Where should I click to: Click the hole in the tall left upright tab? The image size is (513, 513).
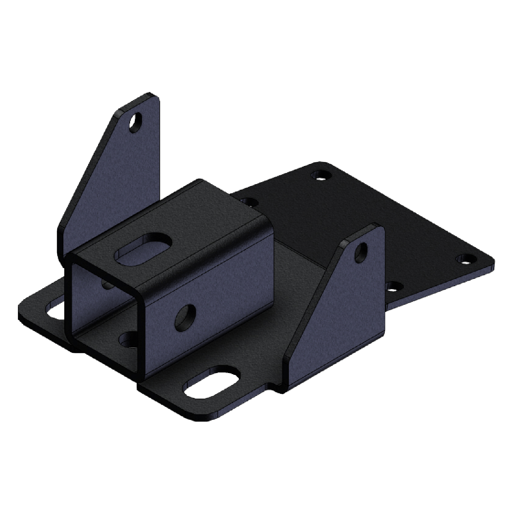click(136, 122)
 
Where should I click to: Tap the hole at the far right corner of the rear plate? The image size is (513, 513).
click(465, 259)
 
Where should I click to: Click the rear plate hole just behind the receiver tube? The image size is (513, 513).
click(250, 201)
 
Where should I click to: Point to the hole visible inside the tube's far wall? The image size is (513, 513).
click(107, 284)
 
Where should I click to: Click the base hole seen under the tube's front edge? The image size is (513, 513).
click(128, 340)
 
